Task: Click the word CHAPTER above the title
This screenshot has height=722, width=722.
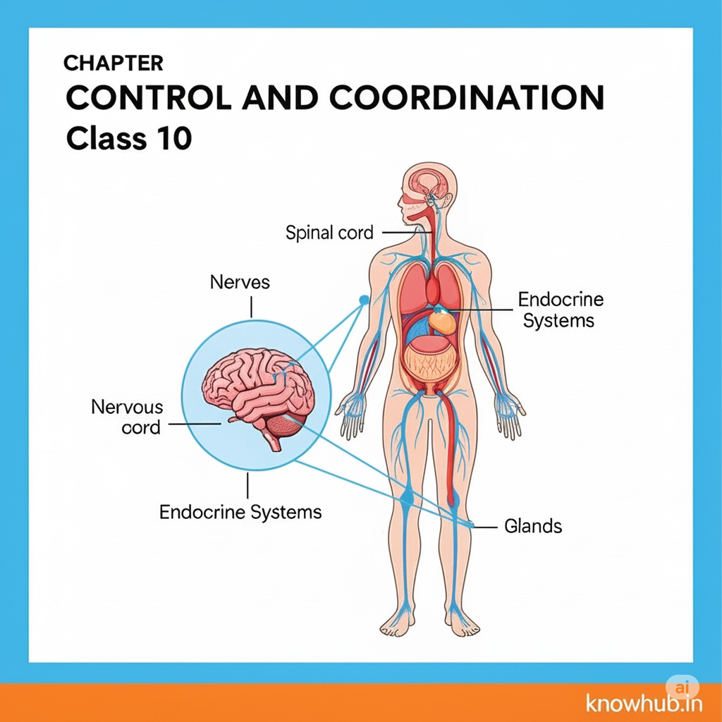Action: tap(113, 63)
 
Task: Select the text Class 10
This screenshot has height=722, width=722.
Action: tap(128, 138)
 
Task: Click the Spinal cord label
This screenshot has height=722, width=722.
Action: tap(329, 232)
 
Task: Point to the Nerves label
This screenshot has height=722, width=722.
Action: tap(240, 283)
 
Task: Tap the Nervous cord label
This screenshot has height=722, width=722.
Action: tap(127, 417)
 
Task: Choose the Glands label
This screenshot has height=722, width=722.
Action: tap(533, 526)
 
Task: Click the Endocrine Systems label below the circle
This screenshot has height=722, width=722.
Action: tap(240, 512)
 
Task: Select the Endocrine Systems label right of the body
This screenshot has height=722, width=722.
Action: tap(561, 310)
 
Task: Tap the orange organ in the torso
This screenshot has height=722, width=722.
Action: tap(443, 322)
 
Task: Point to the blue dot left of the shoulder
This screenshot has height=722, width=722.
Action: tap(364, 300)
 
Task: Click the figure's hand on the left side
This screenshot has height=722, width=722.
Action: tap(352, 411)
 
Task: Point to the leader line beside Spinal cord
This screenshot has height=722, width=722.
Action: tap(401, 232)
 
